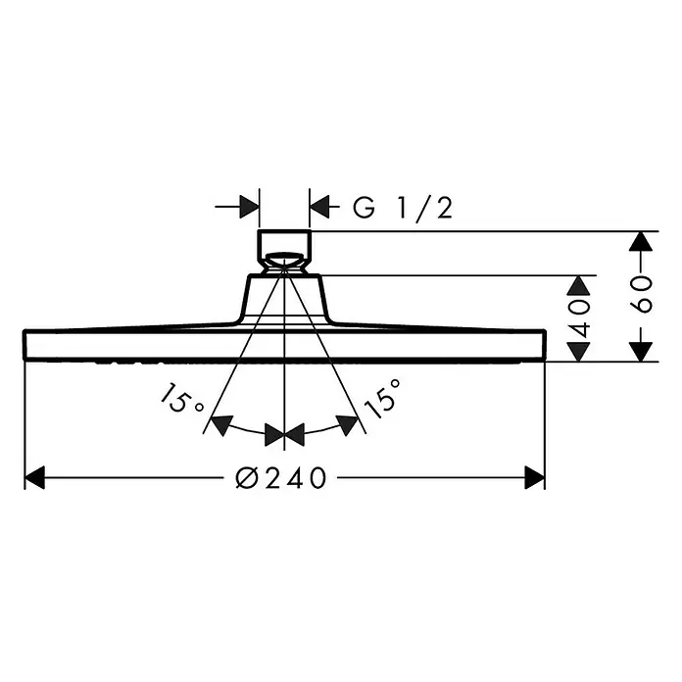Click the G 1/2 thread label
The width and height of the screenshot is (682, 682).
tap(403, 208)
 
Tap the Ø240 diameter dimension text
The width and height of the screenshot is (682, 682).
tap(280, 478)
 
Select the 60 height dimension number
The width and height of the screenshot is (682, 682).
tap(641, 294)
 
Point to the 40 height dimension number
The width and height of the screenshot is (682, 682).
tap(579, 317)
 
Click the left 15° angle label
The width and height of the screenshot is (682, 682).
tap(180, 399)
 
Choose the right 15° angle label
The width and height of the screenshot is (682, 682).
tap(381, 398)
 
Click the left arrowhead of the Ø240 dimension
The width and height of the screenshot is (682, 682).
tap(35, 477)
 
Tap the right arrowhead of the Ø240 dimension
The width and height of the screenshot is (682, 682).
tap(535, 477)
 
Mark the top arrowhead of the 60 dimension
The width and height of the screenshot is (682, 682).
tap(641, 241)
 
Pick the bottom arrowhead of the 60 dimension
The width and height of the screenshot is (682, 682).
tap(641, 352)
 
